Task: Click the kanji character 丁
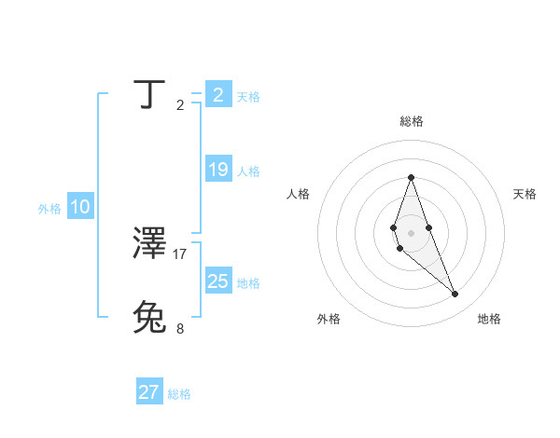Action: (x=149, y=94)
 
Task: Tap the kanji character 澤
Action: (x=149, y=243)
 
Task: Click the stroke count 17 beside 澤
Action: (x=180, y=253)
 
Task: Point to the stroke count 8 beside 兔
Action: (x=180, y=328)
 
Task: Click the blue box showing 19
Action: (x=218, y=170)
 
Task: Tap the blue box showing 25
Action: (x=218, y=281)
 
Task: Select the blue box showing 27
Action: (x=149, y=392)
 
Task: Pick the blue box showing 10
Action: (x=80, y=208)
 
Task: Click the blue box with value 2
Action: (x=218, y=95)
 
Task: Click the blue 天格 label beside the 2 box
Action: (x=248, y=97)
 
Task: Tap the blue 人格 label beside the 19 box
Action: (x=248, y=171)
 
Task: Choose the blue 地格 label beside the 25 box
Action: (x=248, y=283)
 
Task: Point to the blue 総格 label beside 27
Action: (x=179, y=394)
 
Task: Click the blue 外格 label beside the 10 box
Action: (x=49, y=210)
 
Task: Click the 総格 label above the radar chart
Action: (x=411, y=121)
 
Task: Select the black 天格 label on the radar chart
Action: (x=525, y=194)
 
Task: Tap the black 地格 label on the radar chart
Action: (x=489, y=319)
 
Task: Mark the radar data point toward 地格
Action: (x=455, y=294)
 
